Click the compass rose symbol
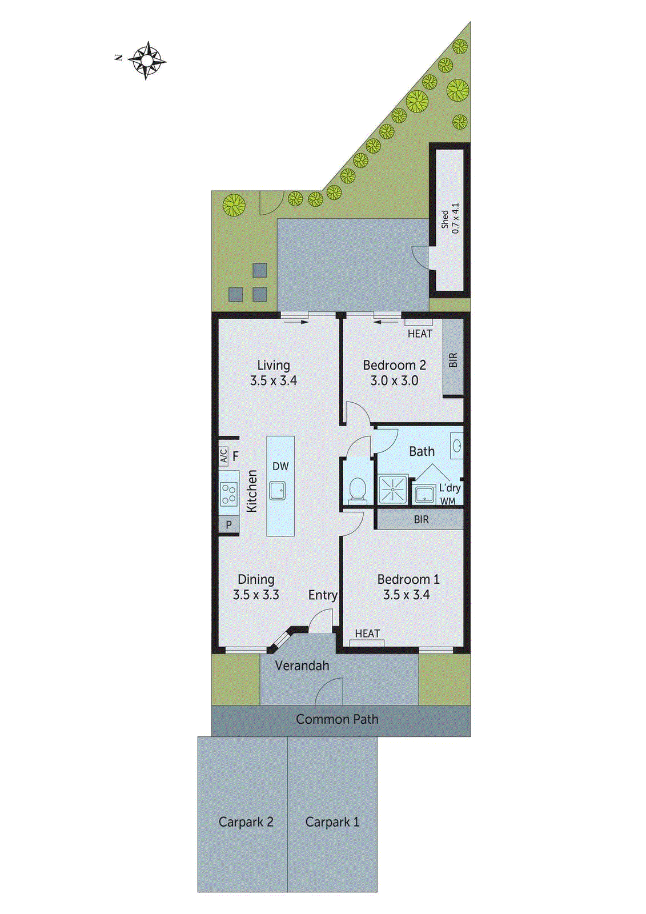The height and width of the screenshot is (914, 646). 147,60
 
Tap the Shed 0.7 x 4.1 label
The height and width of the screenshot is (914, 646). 450,219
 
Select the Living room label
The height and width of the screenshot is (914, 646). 274,372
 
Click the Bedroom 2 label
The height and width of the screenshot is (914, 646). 394,372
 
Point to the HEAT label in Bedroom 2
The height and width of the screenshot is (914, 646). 420,334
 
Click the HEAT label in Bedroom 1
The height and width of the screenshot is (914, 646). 367,634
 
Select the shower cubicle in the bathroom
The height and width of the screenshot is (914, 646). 393,490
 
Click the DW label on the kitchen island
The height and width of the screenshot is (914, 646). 280,466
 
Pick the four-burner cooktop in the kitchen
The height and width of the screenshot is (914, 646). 229,494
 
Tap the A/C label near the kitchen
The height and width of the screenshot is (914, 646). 224,456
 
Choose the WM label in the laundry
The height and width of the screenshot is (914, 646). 448,502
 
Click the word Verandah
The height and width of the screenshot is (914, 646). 302,666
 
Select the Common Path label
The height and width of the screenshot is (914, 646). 337,720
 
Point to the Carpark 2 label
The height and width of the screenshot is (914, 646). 246,822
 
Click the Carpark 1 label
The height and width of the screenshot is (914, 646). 332,822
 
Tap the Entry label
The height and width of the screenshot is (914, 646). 323,595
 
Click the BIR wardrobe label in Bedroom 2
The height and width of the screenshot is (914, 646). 454,360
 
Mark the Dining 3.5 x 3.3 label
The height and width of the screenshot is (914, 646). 256,587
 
